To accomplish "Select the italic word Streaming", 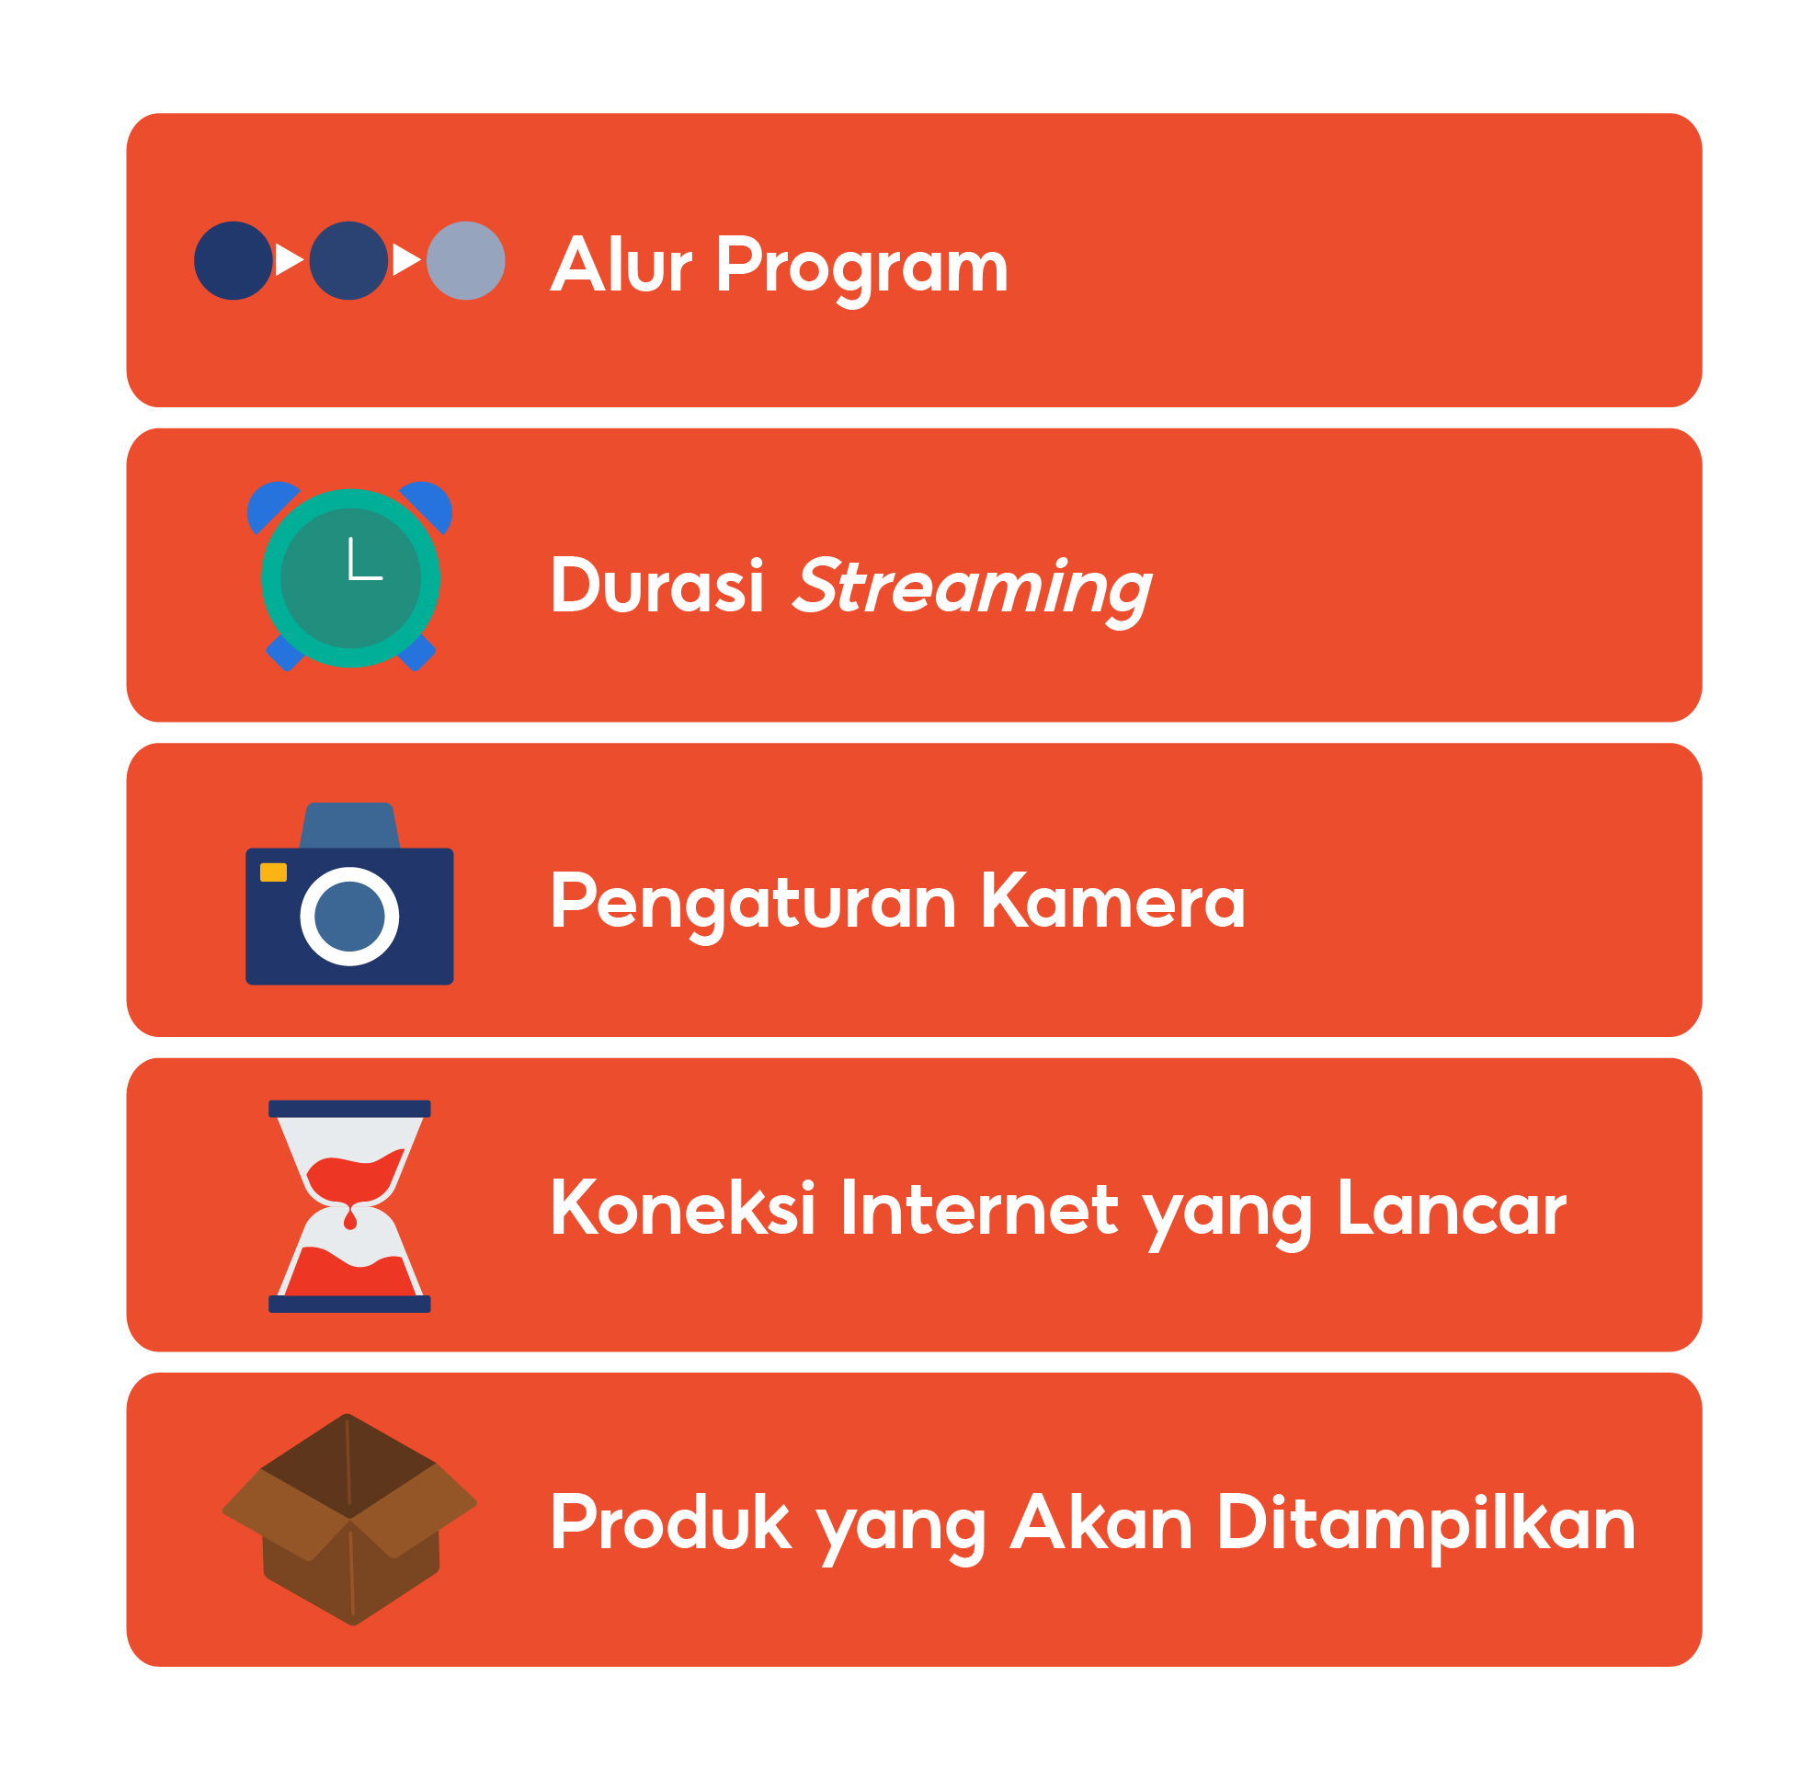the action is (972, 590).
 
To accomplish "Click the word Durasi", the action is (657, 586).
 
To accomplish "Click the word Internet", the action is (980, 1208).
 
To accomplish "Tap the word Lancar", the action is (1453, 1208).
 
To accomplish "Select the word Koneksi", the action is (683, 1208).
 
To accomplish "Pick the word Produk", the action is (671, 1522).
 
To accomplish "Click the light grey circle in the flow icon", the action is (466, 261).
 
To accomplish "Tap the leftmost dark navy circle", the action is (234, 261).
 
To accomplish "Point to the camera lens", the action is (349, 917).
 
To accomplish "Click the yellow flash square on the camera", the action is (274, 872).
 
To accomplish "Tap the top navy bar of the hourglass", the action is (349, 1109).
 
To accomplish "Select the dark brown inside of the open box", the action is (348, 1466).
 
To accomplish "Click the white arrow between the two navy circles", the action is (290, 260).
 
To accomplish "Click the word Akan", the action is (1101, 1522).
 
